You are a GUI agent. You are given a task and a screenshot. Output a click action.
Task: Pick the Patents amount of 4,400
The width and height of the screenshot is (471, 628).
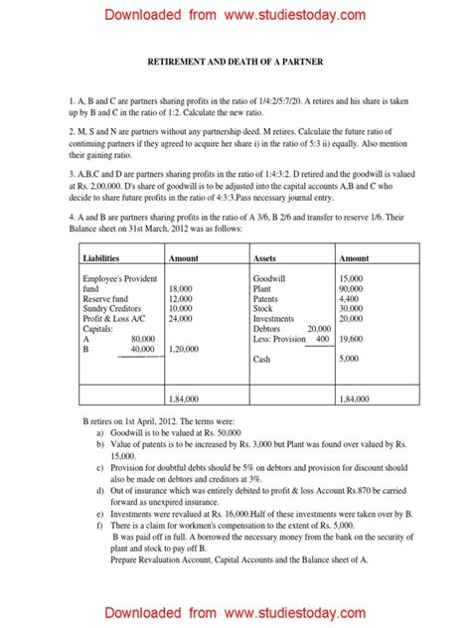[349, 299]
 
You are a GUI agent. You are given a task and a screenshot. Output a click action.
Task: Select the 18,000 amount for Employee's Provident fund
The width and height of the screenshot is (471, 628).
[180, 289]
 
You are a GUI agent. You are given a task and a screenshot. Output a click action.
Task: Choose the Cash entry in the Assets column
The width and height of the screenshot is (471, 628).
[262, 359]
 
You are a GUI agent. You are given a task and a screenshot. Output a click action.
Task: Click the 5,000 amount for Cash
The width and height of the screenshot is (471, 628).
[349, 359]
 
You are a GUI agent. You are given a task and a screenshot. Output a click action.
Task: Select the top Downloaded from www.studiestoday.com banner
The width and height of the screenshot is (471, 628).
[235, 15]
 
